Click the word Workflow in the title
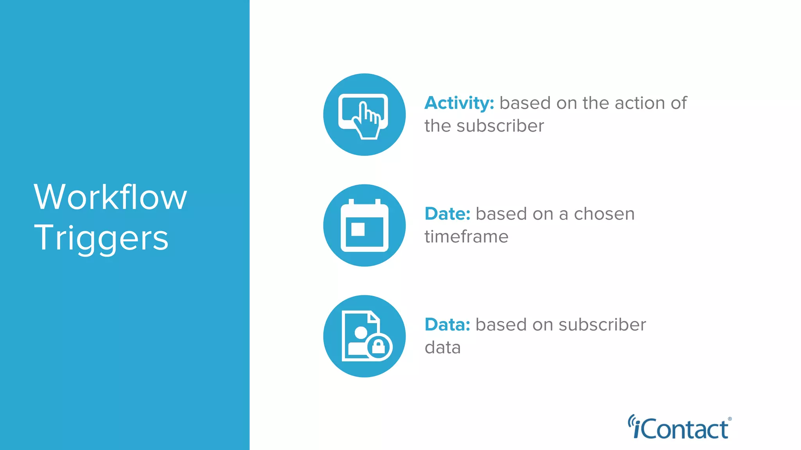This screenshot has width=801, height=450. point(110,197)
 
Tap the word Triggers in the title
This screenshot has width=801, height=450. point(101,238)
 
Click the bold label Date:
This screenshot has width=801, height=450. point(447,214)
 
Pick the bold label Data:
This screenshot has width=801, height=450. point(447,325)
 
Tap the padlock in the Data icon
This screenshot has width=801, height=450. point(379,346)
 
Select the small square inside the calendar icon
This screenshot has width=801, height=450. point(358,229)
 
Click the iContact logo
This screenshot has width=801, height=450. point(680,428)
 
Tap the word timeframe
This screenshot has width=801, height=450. point(466,237)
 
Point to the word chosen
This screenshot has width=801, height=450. point(604,214)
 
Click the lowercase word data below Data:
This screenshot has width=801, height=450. point(443,347)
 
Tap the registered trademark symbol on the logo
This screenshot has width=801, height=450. point(730,419)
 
